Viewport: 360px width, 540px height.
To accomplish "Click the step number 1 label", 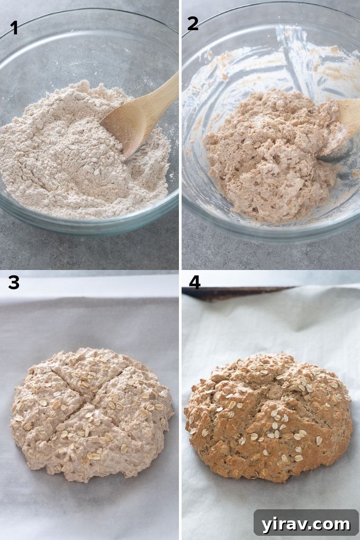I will [x=14, y=28].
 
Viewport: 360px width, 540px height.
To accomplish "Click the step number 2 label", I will [x=193, y=24].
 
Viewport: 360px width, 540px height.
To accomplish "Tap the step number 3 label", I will [x=14, y=283].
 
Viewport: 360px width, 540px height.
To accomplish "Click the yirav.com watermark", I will [x=306, y=524].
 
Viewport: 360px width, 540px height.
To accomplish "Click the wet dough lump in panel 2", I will [x=265, y=154].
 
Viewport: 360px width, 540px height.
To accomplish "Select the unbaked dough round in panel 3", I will [x=90, y=413].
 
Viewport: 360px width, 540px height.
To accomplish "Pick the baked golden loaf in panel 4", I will [x=268, y=418].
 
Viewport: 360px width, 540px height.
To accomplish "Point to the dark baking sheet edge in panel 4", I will [x=238, y=292].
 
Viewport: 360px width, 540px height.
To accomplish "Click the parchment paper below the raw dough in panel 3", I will [x=90, y=508].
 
